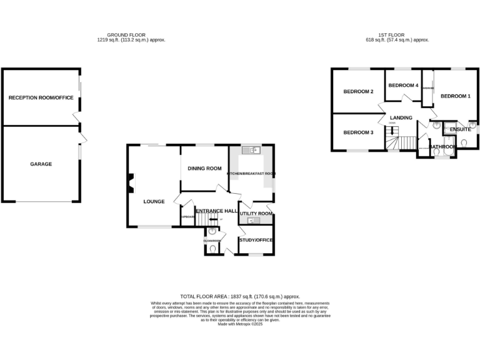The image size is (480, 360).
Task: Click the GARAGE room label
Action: pos(41,164)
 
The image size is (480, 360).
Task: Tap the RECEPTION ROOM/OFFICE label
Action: pos(41,97)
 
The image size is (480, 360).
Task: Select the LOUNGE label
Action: pos(154,201)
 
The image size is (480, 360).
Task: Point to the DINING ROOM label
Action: pos(205,168)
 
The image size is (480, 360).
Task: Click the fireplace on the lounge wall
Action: pos(131,184)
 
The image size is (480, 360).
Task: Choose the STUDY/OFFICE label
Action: pos(256,240)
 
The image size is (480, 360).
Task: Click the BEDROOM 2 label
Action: pos(358,92)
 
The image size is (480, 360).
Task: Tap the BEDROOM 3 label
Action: pos(358,132)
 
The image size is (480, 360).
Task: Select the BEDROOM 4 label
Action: pos(402,85)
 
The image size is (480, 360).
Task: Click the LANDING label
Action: pos(401,117)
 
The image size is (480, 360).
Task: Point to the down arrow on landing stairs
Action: pos(392,129)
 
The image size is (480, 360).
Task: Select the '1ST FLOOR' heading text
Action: pos(391,35)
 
